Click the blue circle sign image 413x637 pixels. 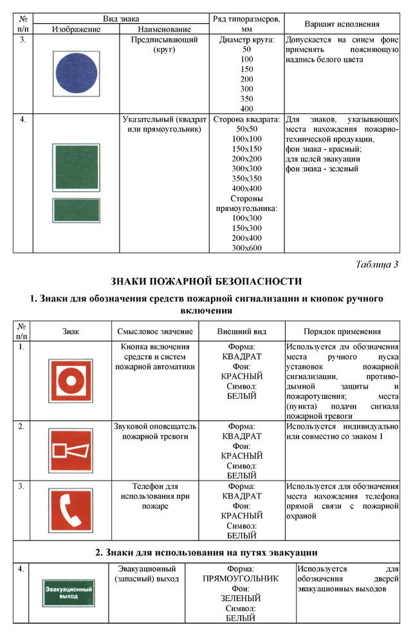[76, 74]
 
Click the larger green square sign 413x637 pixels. [76, 168]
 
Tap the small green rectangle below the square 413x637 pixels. [76, 210]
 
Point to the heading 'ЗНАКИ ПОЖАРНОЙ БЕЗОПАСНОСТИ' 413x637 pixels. [206, 281]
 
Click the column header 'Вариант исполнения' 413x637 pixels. [341, 24]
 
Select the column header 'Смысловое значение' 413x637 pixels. [155, 331]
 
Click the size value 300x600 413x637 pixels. [246, 248]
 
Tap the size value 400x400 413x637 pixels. [246, 189]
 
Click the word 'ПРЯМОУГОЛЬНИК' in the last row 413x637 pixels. [240, 578]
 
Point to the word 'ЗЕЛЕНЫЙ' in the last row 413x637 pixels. [240, 598]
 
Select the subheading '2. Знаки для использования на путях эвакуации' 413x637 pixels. [206, 552]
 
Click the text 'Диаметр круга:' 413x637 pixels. [246, 40]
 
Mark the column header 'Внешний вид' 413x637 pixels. [242, 331]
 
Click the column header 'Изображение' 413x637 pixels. [76, 30]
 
